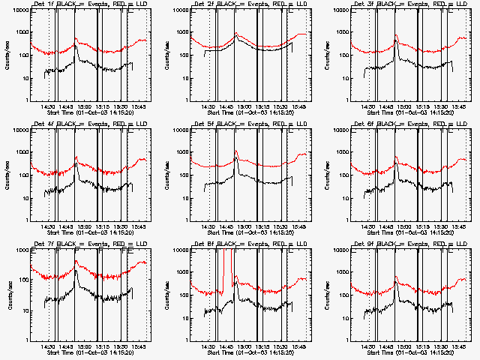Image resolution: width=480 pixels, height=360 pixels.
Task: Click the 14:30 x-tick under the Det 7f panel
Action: point(49,346)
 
